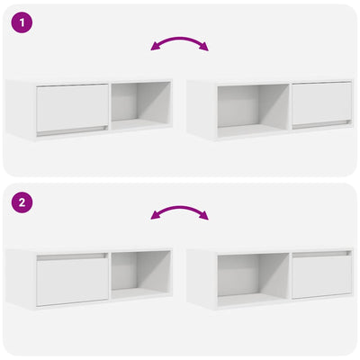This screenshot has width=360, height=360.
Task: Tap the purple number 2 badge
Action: [22, 202]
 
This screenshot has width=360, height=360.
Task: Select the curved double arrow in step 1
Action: [179, 40]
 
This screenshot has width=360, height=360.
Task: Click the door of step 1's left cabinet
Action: [72, 108]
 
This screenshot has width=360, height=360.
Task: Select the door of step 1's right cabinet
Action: [320, 103]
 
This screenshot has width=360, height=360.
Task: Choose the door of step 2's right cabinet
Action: [320, 274]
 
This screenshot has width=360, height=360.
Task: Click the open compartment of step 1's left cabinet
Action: [140, 104]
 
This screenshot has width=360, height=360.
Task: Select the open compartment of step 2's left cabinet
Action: [140, 274]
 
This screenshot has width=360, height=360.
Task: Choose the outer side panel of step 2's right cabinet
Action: [201, 278]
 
